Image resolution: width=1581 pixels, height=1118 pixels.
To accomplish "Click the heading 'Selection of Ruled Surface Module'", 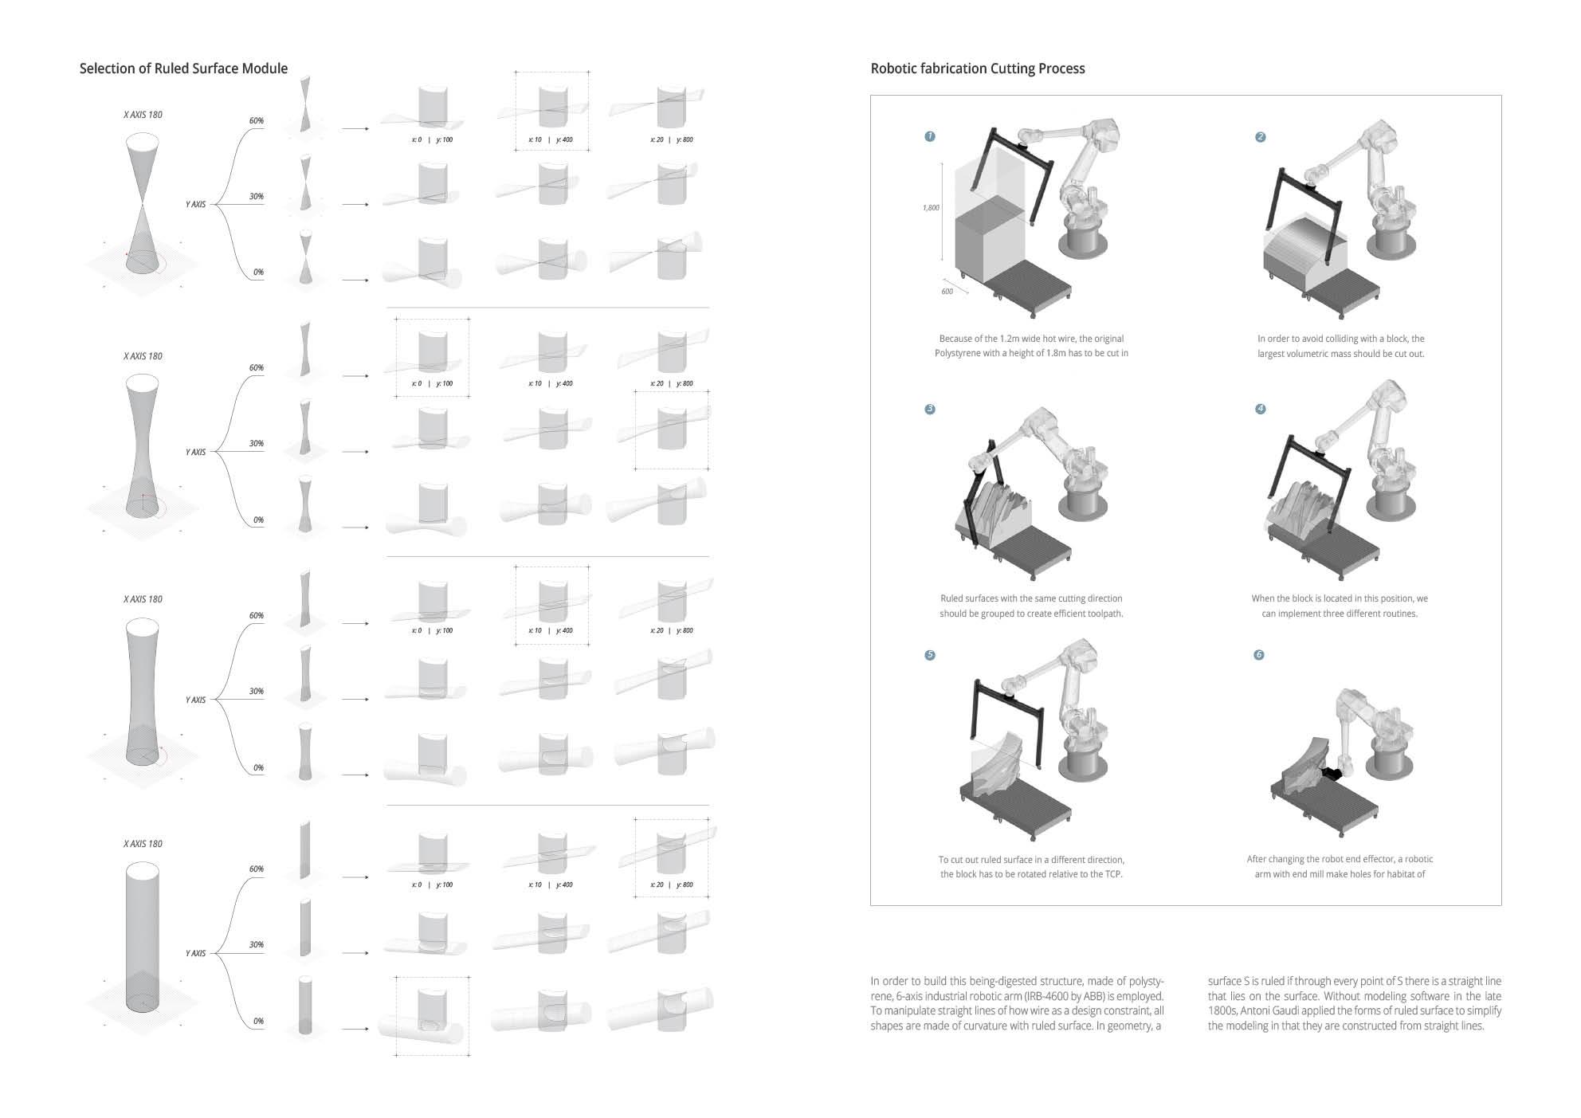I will tap(183, 69).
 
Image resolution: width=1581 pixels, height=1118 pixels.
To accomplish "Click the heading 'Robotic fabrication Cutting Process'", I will tap(977, 69).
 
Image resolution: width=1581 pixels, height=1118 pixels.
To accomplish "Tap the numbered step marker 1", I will tap(929, 136).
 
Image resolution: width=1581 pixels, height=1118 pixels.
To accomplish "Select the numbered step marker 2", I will tap(1260, 137).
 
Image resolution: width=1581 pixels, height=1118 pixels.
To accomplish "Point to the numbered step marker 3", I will tap(929, 409).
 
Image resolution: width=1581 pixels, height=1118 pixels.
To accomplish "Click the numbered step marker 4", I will tap(1260, 409).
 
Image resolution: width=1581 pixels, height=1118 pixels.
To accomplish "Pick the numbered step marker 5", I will tap(929, 655).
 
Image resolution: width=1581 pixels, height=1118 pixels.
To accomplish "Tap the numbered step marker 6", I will tap(1259, 655).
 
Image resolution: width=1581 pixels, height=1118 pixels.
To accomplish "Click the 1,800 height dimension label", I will tap(931, 208).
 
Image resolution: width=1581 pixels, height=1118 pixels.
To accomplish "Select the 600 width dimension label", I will tap(947, 292).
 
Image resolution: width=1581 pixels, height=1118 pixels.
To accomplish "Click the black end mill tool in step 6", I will tap(1331, 772).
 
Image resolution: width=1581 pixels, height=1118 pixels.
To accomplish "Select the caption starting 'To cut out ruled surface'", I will tap(1031, 867).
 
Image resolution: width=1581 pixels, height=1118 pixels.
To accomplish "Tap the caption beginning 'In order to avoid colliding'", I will tap(1340, 346).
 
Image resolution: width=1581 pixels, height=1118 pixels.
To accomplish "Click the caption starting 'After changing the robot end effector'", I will tap(1340, 866).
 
